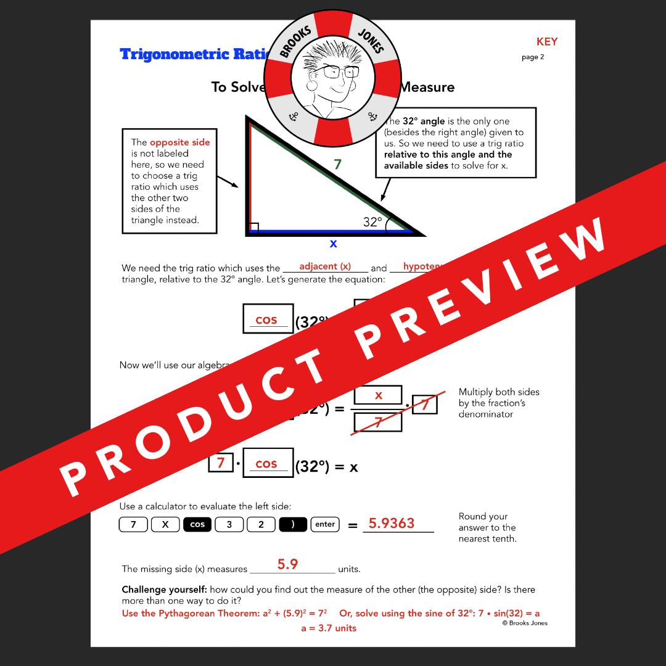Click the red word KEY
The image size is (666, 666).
click(546, 42)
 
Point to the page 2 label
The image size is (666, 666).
click(533, 57)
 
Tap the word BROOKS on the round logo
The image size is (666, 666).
click(297, 43)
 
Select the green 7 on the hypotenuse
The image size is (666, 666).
click(337, 165)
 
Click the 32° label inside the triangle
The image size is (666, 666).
click(372, 222)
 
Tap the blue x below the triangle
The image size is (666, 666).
click(333, 244)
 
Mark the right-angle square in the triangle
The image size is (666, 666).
click(253, 228)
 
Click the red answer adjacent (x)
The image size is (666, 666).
click(325, 266)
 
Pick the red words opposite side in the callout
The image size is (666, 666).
click(179, 142)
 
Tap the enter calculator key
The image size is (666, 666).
click(325, 525)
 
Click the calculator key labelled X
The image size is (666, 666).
click(165, 525)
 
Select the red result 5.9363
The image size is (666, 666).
click(392, 524)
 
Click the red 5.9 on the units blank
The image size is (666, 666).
click(287, 564)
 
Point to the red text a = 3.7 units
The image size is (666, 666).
click(329, 628)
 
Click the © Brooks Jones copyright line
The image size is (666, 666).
click(524, 623)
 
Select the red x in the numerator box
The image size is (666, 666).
click(379, 395)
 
